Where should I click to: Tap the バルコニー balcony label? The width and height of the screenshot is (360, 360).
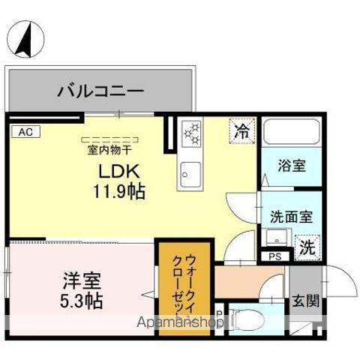pos(100,92)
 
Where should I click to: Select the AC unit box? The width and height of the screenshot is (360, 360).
pos(25,132)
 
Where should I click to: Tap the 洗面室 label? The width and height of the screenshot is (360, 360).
pos(291,216)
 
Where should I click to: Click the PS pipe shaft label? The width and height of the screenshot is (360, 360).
pos(274,256)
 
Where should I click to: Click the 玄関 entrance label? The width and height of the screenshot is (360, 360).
pos(306,301)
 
